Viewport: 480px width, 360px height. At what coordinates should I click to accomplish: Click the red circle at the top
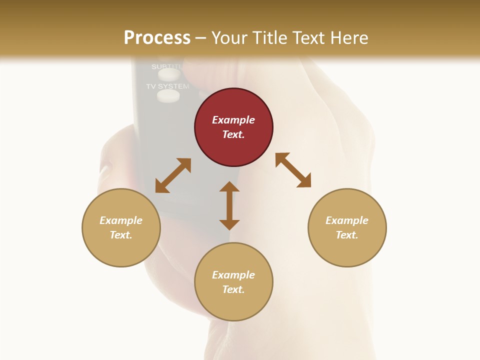pos(233,127)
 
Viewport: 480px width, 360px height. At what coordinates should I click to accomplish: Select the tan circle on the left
pos(121,227)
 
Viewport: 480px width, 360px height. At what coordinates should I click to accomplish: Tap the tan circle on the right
pos(347,227)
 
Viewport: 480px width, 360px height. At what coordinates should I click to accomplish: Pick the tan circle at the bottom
pos(233,281)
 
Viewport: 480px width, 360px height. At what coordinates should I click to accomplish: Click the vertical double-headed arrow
pos(229,205)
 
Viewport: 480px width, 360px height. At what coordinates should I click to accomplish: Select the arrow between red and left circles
pos(173,175)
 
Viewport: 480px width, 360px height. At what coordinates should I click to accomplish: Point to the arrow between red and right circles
pos(293,170)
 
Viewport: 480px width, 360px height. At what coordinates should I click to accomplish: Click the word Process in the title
pos(157,38)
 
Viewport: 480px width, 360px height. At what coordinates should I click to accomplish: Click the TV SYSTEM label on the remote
pos(167,86)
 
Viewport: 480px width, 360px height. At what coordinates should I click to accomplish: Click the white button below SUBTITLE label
pos(169,74)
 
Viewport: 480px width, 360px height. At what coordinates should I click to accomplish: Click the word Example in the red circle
pos(233,120)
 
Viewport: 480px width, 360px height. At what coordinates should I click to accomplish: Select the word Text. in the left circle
pos(121,235)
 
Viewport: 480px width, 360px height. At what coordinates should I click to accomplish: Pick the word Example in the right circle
pos(347,220)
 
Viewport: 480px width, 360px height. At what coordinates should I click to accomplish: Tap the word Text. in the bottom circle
pos(233,289)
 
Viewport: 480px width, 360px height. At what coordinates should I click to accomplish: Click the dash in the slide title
pos(201,38)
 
